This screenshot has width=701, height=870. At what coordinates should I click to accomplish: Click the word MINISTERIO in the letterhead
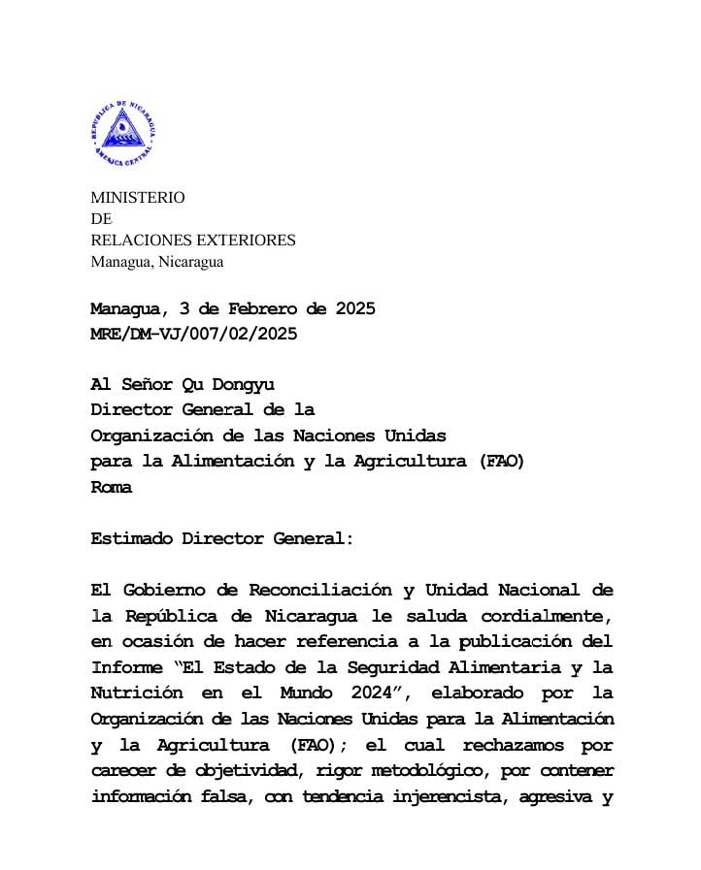(x=137, y=197)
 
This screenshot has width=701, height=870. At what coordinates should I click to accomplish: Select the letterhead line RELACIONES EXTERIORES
(x=192, y=240)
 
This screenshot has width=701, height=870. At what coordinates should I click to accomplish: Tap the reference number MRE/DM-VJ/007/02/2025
(x=193, y=334)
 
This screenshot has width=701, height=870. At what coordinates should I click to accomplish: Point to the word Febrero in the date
(x=264, y=310)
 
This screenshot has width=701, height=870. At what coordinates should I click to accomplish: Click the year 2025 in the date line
(x=354, y=310)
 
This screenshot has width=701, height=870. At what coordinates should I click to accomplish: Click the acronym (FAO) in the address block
(x=502, y=462)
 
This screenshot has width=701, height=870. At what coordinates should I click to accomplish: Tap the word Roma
(x=111, y=488)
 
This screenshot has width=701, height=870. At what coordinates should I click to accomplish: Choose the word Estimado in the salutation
(x=131, y=538)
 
